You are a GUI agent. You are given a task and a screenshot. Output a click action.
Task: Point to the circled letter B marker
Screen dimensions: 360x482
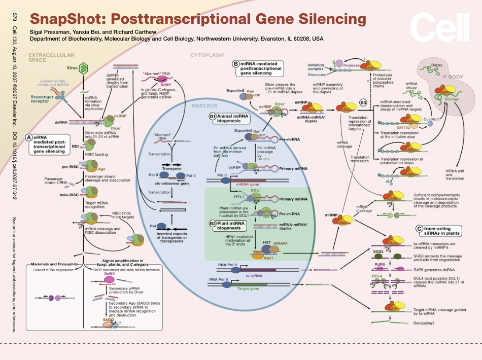coord(235,64)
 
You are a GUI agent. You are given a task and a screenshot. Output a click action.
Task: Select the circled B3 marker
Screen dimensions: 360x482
coord(363,103)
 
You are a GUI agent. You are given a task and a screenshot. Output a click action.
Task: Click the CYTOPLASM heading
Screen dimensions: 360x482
coord(207,55)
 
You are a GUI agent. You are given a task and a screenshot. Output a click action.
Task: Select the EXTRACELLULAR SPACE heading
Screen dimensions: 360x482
coord(51,57)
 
